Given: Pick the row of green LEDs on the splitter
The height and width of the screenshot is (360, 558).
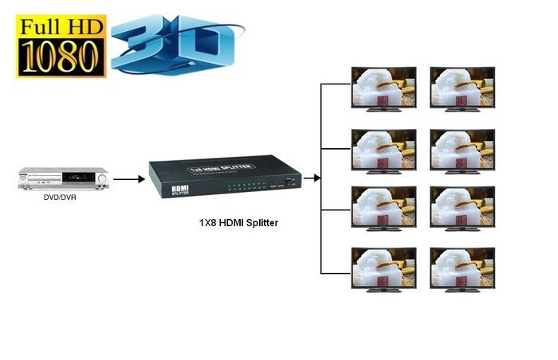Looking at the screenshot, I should [x=250, y=188].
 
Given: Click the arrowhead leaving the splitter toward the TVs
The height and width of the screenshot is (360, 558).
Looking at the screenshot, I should [x=316, y=178].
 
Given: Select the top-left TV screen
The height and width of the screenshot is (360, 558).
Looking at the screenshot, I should [x=383, y=87].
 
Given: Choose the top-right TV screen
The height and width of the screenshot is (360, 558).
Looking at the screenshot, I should [x=462, y=87].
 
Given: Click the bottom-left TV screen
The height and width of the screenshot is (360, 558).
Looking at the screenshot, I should [x=383, y=268].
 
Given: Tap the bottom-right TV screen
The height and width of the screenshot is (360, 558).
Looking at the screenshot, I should [x=462, y=268].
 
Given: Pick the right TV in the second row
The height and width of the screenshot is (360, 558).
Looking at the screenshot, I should [x=462, y=148].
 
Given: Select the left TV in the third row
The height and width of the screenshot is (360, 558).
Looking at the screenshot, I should [x=383, y=207].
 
